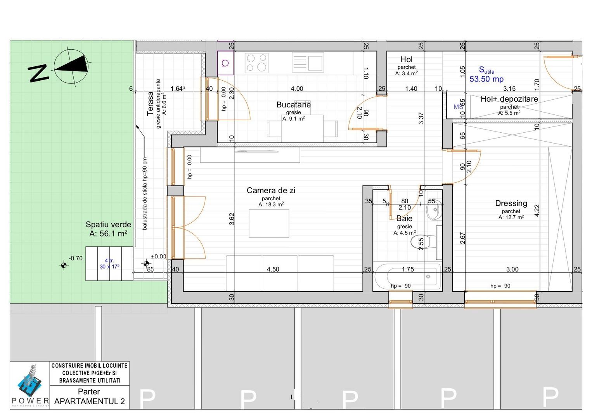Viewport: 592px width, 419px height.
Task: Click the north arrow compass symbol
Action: (71, 67)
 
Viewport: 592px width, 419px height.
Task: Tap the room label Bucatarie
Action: (293, 105)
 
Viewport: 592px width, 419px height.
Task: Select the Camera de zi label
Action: (271, 190)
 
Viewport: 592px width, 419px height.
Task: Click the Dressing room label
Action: (511, 203)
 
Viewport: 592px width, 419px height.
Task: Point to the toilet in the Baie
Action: (418, 242)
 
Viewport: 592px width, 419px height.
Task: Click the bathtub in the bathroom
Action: (408, 277)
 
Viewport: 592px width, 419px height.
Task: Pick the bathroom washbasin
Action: (434, 210)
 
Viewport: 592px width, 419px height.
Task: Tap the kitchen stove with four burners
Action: (256, 63)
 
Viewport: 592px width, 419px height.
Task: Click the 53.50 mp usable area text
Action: (486, 79)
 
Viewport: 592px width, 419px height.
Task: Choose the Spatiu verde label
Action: (108, 225)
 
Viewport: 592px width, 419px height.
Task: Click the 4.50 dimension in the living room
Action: (273, 269)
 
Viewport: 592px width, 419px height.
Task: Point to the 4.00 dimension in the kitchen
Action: (297, 89)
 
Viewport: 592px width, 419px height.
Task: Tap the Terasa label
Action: (151, 104)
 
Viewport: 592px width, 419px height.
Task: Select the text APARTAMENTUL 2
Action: (90, 402)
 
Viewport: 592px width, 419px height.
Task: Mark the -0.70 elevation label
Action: (76, 258)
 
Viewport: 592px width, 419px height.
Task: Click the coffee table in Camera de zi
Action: (269, 223)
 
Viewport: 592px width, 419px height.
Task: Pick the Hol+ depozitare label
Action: (509, 99)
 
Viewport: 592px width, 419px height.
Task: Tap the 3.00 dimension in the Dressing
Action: (512, 269)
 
